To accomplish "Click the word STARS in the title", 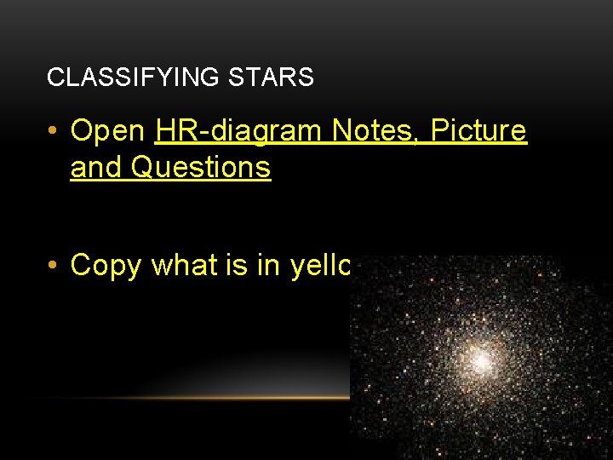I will pyautogui.click(x=271, y=78).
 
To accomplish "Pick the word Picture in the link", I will pyautogui.click(x=479, y=131).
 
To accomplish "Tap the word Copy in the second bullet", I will pyautogui.click(x=106, y=266).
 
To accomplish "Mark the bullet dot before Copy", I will pyautogui.click(x=54, y=266).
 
